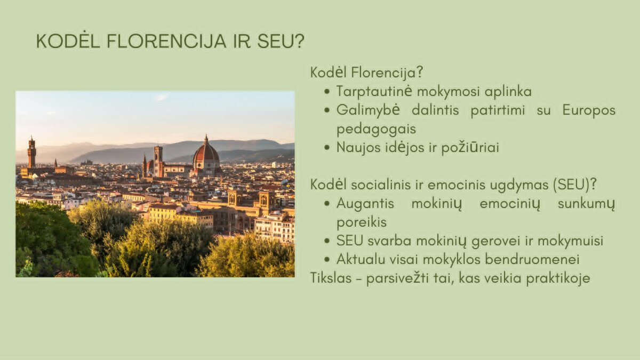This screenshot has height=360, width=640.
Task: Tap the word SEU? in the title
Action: click(281, 41)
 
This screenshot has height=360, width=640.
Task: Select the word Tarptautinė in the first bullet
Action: click(374, 91)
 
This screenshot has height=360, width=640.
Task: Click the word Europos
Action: click(589, 110)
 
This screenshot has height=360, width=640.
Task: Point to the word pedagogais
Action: click(376, 129)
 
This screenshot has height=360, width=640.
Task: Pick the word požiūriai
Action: click(470, 148)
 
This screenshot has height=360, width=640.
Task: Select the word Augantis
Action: click(365, 204)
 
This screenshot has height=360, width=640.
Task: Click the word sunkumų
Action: click(586, 204)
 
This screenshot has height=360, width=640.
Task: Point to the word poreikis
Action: click(362, 222)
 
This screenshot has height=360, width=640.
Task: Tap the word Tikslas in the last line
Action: click(331, 278)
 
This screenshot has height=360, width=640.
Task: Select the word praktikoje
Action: click(558, 278)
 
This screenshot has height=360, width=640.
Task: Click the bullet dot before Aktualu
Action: click(327, 260)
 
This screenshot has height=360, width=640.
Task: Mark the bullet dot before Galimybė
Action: click(327, 110)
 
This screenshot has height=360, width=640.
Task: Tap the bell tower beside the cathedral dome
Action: click(158, 162)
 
